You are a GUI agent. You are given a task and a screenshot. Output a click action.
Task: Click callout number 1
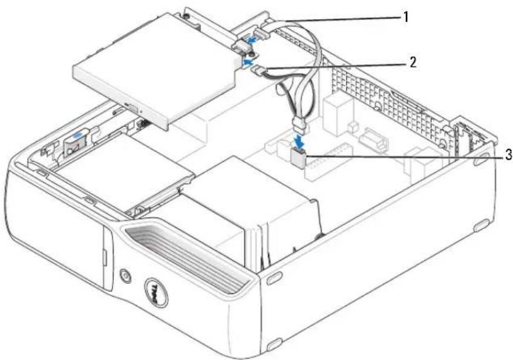pyautogui.click(x=406, y=16)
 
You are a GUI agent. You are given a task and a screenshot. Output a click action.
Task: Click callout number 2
pyautogui.click(x=413, y=62)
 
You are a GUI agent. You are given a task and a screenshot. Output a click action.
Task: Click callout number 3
pyautogui.click(x=508, y=155)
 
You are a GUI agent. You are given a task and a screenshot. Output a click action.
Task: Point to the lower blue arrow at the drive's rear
pyautogui.click(x=247, y=61)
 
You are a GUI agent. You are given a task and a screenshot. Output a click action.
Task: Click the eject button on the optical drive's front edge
pyautogui.click(x=131, y=106)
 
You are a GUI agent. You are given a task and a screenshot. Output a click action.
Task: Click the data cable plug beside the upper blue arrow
pyautogui.click(x=263, y=34)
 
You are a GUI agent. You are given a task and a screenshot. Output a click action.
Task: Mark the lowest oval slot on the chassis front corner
pyautogui.click(x=275, y=344)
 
